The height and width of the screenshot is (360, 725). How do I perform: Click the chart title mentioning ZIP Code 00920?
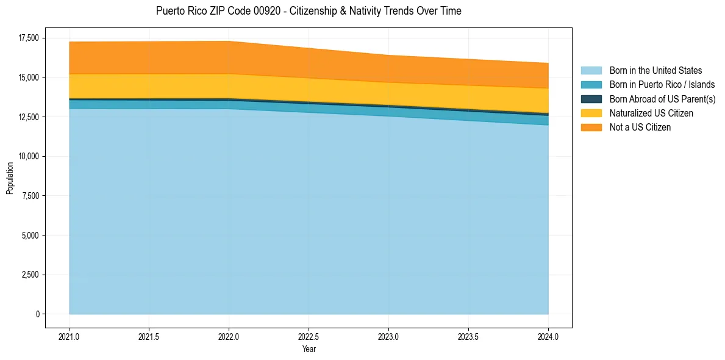pyautogui.click(x=309, y=11)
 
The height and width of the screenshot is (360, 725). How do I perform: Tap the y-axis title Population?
pyautogui.click(x=10, y=178)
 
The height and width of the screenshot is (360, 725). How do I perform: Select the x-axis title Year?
pyautogui.click(x=309, y=349)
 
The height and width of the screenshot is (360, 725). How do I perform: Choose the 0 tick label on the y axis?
pyautogui.click(x=37, y=314)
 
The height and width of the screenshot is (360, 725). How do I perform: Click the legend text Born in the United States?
pyautogui.click(x=655, y=71)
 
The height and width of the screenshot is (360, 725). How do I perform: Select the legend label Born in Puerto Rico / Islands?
pyautogui.click(x=662, y=85)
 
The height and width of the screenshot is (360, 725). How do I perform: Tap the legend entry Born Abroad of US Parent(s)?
pyautogui.click(x=662, y=99)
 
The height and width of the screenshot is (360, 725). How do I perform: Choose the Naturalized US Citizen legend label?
pyautogui.click(x=651, y=113)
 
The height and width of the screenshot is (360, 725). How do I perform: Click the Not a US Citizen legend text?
pyautogui.click(x=640, y=128)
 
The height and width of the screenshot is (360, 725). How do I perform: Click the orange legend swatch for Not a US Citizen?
pyautogui.click(x=591, y=128)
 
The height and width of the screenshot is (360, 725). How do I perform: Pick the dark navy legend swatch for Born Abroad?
pyautogui.click(x=591, y=99)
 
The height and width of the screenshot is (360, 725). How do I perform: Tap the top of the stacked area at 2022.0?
pyautogui.click(x=229, y=41)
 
